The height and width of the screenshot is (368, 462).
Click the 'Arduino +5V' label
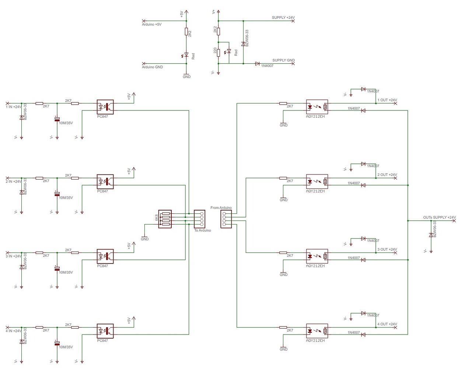coord(151,24)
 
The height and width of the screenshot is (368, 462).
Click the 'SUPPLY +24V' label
coord(283,18)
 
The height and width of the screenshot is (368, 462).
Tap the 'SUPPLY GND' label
coord(283,60)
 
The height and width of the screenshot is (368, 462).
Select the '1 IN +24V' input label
coord(13,107)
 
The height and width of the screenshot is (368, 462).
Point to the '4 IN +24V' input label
coord(13,331)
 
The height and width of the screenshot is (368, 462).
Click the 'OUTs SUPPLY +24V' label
coord(439,217)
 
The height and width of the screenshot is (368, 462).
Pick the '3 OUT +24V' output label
coord(387,250)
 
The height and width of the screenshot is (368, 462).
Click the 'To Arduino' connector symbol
coord(199,219)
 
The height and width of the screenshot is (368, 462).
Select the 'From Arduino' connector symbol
coord(226,219)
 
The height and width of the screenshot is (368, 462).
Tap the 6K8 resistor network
coord(165,219)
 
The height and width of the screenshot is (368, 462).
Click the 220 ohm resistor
coord(218,53)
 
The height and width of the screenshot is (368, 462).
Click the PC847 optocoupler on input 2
coord(105,181)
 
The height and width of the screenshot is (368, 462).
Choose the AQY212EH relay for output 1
coord(317,107)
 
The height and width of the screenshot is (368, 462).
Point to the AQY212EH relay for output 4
coord(317,331)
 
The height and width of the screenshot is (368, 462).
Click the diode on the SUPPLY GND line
coord(257,64)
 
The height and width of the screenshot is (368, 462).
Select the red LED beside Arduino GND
coord(186,55)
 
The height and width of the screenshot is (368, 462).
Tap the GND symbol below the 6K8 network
coord(144,236)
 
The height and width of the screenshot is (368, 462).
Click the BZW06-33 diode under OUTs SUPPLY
coord(431,235)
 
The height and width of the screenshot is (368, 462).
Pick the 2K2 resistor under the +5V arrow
coord(186,32)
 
